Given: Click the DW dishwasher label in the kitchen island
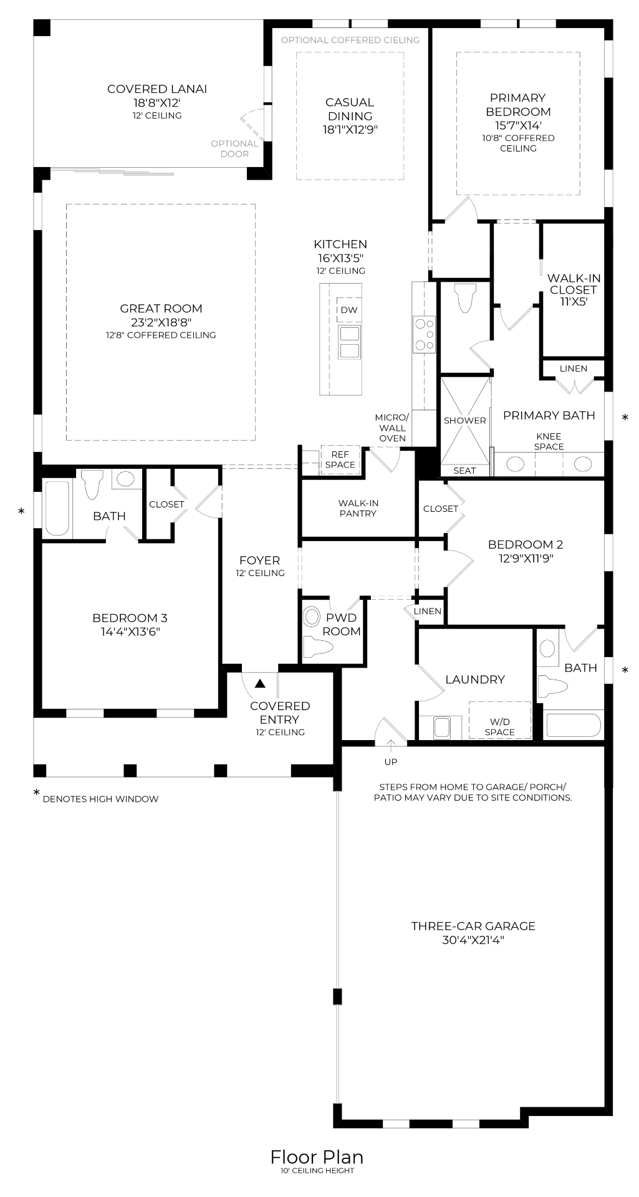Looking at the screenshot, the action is (349, 310).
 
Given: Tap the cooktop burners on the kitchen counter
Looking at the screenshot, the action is (425, 334).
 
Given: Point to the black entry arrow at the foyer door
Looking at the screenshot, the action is (260, 683).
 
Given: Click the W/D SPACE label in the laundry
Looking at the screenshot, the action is (500, 727).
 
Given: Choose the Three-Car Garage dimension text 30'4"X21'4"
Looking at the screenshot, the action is (473, 940).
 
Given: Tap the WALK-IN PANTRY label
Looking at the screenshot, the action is (358, 508).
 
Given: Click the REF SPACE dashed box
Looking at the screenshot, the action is (340, 460).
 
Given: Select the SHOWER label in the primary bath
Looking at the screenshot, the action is (465, 420).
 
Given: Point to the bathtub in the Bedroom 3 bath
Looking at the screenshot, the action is (57, 507).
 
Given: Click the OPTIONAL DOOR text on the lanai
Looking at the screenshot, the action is (234, 148).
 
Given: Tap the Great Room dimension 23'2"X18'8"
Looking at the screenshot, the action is (161, 322).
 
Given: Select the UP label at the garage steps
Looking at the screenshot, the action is (391, 762).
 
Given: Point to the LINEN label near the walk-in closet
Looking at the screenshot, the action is (574, 368).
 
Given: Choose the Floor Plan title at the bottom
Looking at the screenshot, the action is (317, 1157).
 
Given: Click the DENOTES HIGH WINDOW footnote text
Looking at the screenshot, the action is (100, 799).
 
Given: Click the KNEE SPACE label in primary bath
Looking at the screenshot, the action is (549, 441).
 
